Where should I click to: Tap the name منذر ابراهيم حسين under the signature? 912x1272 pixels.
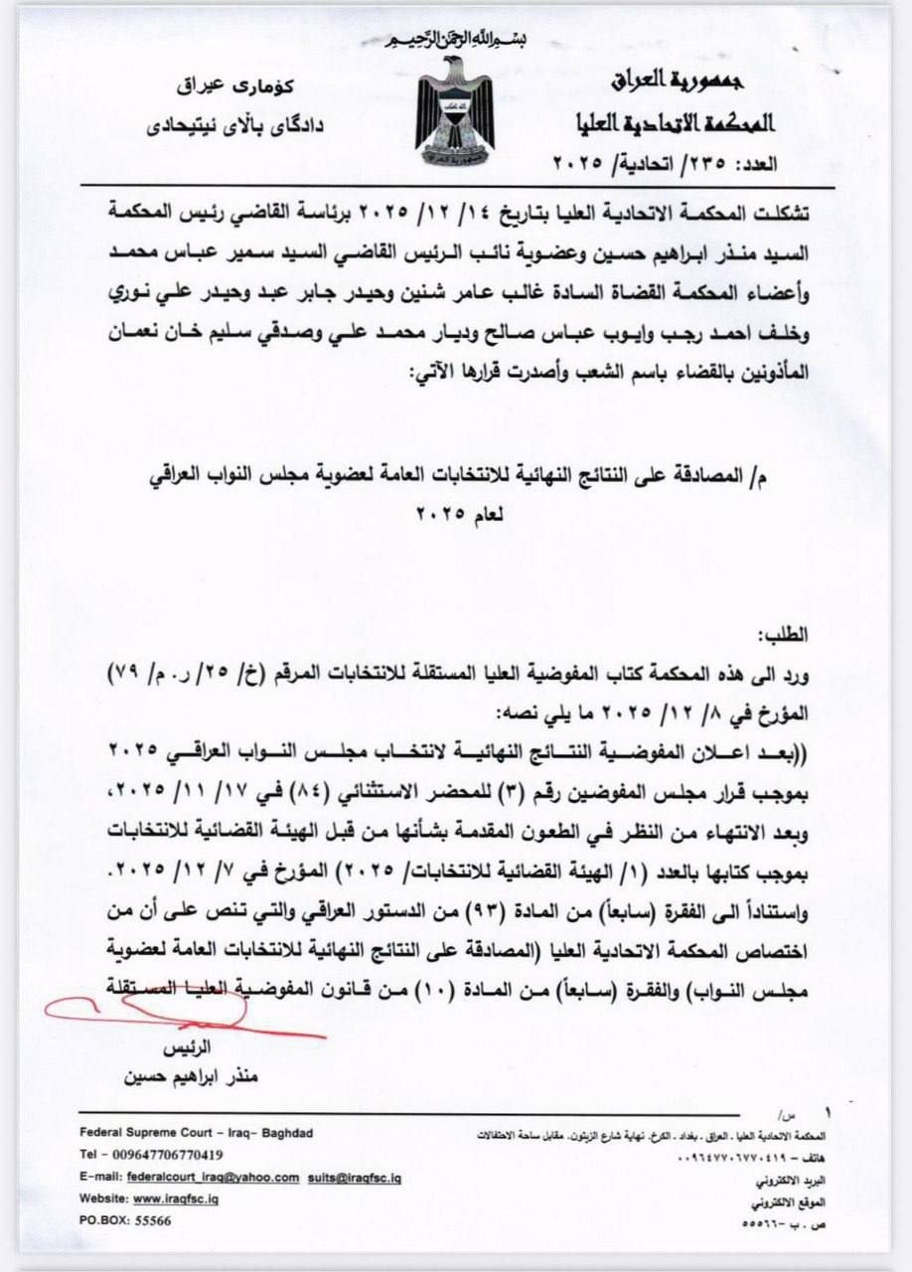point(188,1076)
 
